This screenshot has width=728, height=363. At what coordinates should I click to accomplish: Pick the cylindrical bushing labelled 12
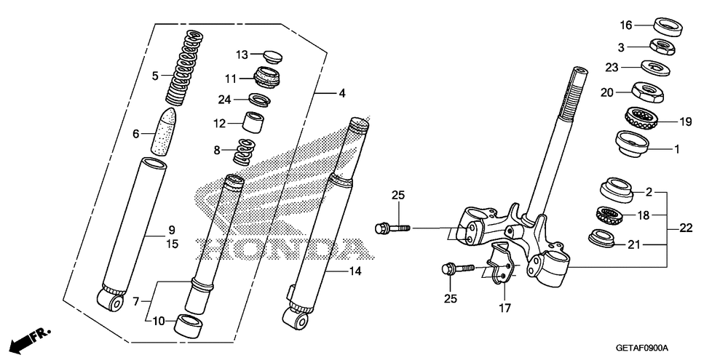tap(253, 123)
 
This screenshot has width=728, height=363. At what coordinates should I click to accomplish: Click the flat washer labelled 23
tap(657, 68)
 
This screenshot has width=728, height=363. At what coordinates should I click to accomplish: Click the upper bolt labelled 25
tap(392, 228)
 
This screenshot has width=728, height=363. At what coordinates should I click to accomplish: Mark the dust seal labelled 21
tap(602, 237)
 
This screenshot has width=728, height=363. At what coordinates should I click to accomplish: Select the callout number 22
tap(687, 228)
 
